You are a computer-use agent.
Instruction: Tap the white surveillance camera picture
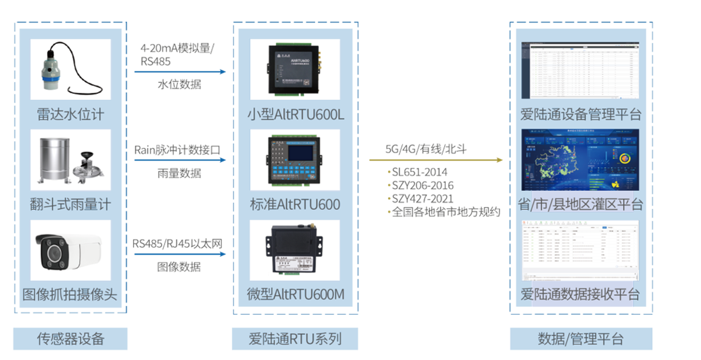(x=71, y=250)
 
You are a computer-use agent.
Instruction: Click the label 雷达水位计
(x=71, y=113)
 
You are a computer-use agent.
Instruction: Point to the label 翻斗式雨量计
(x=71, y=203)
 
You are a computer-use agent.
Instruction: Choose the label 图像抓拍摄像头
(x=71, y=295)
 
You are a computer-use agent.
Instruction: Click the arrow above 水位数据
(x=181, y=72)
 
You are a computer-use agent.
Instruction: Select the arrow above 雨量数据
(x=181, y=161)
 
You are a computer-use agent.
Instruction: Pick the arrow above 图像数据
(x=181, y=254)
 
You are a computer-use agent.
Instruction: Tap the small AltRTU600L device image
(x=295, y=68)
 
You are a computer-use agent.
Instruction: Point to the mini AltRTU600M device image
(x=295, y=250)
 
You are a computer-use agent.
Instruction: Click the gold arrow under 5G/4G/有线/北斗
(x=436, y=160)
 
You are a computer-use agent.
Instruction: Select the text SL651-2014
(x=421, y=172)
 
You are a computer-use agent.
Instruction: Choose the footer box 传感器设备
(x=71, y=339)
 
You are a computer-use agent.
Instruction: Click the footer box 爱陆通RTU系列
(x=295, y=339)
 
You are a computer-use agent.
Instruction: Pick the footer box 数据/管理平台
(x=581, y=339)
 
